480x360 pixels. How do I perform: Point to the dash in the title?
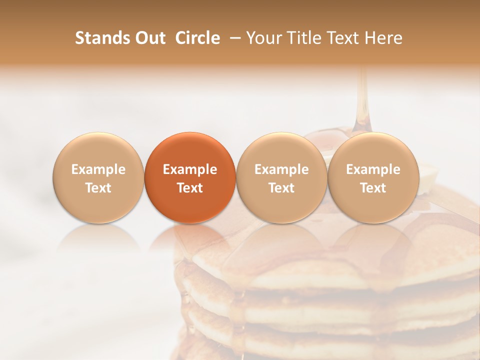pyautogui.click(x=233, y=38)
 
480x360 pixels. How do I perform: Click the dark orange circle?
pyautogui.click(x=190, y=178)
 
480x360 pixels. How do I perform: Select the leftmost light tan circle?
pyautogui.click(x=98, y=178)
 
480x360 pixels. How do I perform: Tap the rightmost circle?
pyautogui.click(x=373, y=178)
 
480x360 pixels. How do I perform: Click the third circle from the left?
pyautogui.click(x=281, y=178)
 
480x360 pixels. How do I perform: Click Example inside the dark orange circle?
pyautogui.click(x=190, y=169)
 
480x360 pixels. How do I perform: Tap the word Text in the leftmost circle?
pyautogui.click(x=98, y=188)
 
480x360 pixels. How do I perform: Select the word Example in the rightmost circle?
pyautogui.click(x=373, y=169)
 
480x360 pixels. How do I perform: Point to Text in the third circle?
pyautogui.click(x=281, y=188)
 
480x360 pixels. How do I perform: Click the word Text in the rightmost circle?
pyautogui.click(x=373, y=188)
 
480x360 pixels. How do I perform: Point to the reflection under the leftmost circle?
pyautogui.click(x=98, y=240)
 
